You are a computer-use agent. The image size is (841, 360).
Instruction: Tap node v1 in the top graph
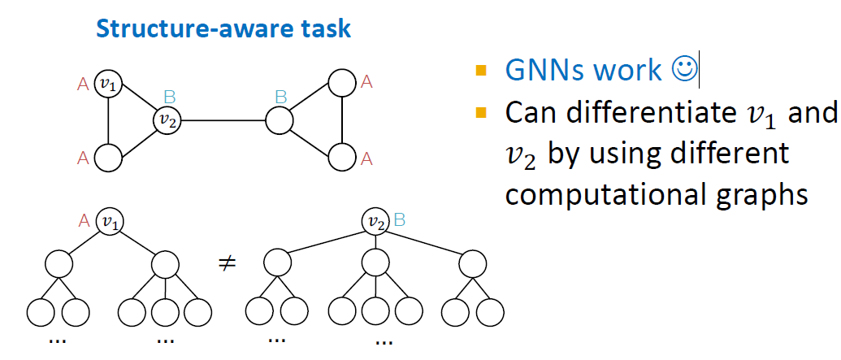click(x=108, y=82)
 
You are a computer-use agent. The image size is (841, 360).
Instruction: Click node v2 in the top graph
click(x=167, y=121)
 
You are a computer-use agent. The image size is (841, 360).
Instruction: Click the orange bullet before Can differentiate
click(x=481, y=112)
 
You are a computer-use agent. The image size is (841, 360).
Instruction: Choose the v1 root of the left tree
click(x=108, y=220)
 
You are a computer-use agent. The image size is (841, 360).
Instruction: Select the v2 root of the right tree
click(x=375, y=220)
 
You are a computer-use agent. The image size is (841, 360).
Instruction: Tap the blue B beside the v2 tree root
click(x=398, y=219)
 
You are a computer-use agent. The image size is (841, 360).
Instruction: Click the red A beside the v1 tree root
click(x=83, y=219)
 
